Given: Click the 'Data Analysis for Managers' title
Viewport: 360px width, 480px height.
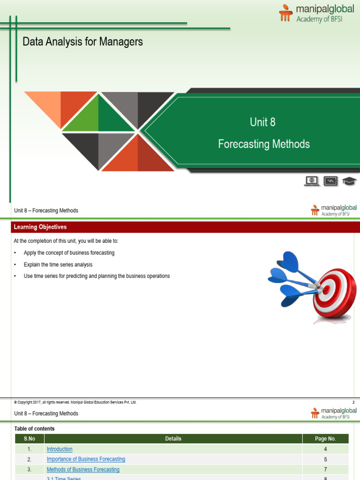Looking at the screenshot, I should (x=82, y=42).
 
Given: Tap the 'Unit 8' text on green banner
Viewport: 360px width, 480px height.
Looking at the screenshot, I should (x=262, y=122).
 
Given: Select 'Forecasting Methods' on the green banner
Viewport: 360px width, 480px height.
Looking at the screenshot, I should (x=264, y=144).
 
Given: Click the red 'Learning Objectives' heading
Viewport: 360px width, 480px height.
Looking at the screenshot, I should (x=40, y=227).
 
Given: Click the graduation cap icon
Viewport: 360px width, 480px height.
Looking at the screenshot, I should (x=349, y=181).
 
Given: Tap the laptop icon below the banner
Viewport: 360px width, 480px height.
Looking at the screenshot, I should (x=312, y=181).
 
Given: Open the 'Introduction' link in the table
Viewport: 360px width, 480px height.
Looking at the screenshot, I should (x=60, y=449).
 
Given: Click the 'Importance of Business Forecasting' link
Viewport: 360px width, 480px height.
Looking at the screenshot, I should (x=86, y=459).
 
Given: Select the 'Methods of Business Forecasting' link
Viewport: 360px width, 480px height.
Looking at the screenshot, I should (x=83, y=470).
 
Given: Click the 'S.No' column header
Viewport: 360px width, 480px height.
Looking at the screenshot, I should (x=29, y=439).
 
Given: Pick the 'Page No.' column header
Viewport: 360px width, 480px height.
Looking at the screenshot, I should (x=325, y=439).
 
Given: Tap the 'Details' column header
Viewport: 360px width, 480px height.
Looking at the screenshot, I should (x=173, y=439).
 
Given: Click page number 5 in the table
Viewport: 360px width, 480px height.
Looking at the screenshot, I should (x=325, y=459).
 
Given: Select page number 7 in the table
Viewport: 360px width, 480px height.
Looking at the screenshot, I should (x=325, y=470).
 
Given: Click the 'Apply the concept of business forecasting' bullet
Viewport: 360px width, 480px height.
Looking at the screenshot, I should (x=69, y=253).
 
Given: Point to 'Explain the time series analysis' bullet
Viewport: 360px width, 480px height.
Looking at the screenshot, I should (x=58, y=264).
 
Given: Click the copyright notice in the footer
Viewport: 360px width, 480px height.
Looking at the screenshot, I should (x=75, y=402).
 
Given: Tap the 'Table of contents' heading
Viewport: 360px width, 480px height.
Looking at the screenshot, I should (x=34, y=428).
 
